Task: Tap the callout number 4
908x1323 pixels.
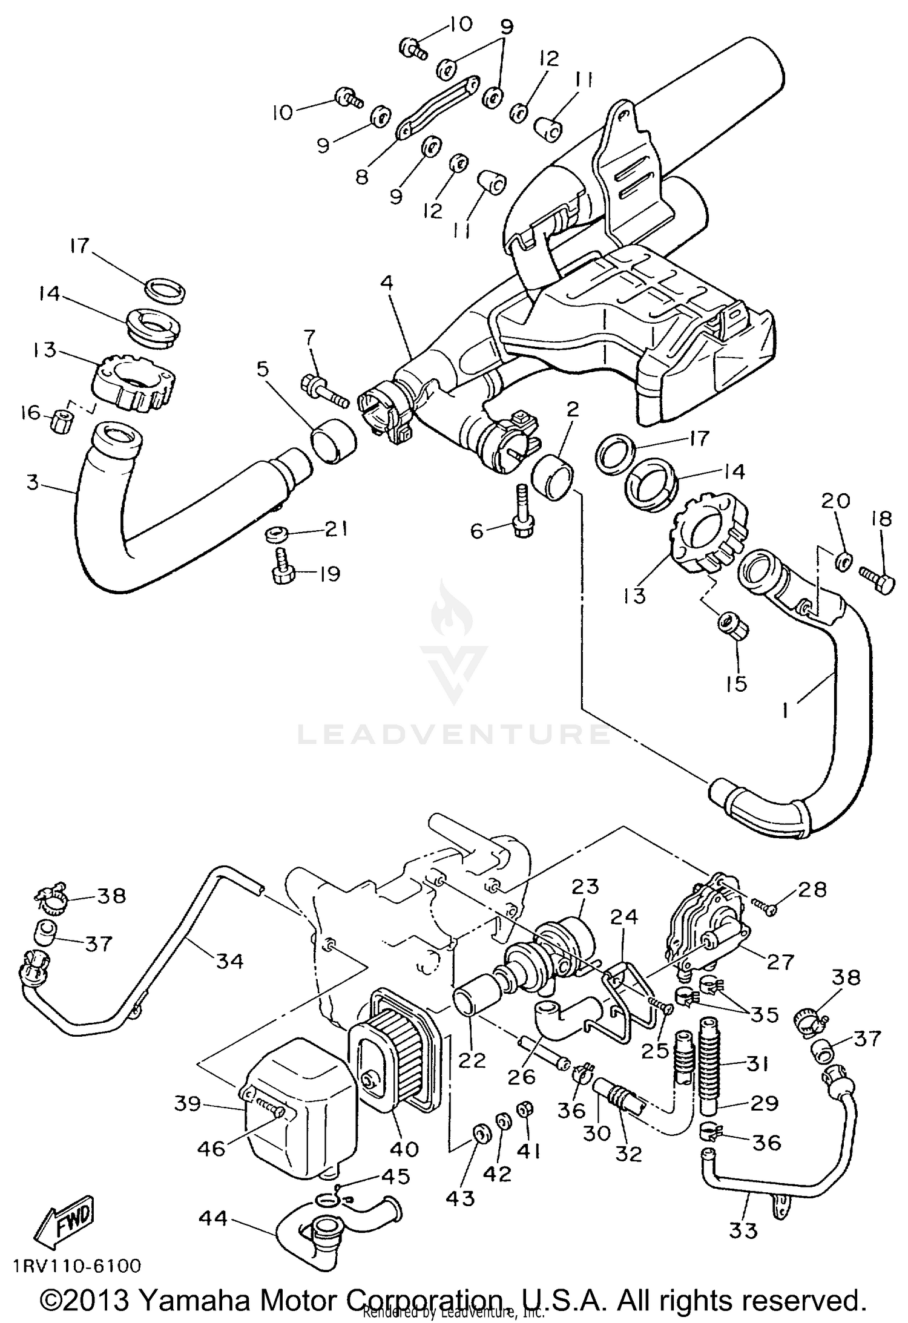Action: pyautogui.click(x=387, y=283)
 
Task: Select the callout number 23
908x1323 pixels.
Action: pyautogui.click(x=585, y=888)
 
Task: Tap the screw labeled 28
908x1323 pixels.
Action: pyautogui.click(x=762, y=905)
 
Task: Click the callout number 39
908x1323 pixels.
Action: pyautogui.click(x=188, y=1103)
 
